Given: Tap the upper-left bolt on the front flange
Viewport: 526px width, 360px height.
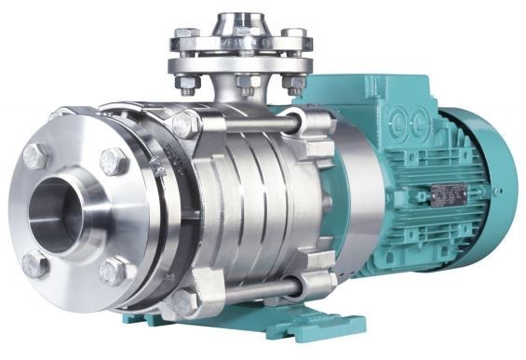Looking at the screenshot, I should point(35,155).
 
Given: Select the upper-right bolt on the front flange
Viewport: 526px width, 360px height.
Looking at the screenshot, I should point(114,160).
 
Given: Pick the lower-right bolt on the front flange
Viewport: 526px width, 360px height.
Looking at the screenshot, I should point(115,272).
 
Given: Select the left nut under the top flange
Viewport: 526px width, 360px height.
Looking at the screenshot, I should point(190,85).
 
